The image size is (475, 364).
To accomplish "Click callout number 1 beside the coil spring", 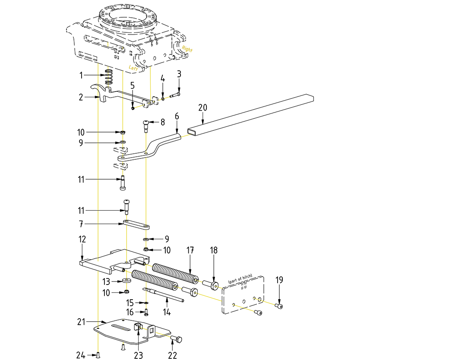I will coord(81,75).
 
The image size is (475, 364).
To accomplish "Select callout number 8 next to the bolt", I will coord(162,122).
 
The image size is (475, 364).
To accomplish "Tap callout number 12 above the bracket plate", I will coord(82,239).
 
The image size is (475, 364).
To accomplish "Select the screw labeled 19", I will coord(279,306).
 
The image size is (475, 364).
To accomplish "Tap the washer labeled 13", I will coord(126,281).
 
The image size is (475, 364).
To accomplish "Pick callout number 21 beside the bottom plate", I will coord(82,321).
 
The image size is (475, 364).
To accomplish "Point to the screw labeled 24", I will coord(98,355).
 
